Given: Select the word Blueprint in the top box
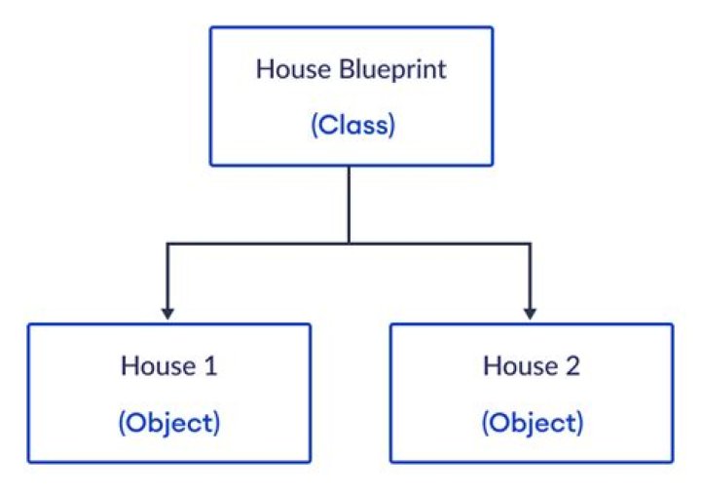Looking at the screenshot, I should [388, 70].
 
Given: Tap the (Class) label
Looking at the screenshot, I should [352, 127].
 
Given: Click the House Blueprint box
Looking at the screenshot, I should [351, 95].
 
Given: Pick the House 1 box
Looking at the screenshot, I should [168, 393].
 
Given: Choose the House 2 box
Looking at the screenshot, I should [531, 393].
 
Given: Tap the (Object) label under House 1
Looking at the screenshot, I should [169, 423].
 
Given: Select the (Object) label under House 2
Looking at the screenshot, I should [532, 423].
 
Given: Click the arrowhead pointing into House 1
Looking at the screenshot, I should [168, 314].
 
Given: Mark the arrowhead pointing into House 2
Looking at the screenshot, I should [530, 314].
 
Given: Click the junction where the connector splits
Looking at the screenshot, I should [349, 242].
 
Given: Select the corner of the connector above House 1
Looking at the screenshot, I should [168, 242].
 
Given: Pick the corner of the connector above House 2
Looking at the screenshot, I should [530, 242].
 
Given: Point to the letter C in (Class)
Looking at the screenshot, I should [326, 127].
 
